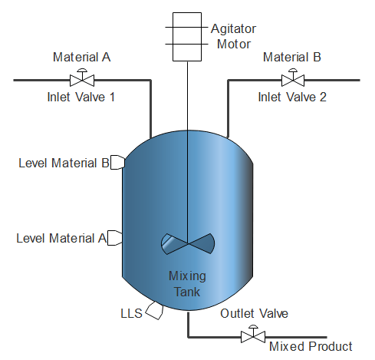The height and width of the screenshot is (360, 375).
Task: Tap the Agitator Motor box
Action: tap(187, 37)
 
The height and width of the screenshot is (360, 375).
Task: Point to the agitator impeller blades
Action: tap(188, 243)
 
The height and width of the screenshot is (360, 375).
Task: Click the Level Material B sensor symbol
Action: tap(117, 162)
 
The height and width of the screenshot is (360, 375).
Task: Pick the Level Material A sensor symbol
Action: tap(114, 238)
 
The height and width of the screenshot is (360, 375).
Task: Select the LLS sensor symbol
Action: tap(155, 310)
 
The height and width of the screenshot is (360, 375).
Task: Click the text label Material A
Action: tap(82, 57)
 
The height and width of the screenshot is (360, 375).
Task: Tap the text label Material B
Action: tap(292, 57)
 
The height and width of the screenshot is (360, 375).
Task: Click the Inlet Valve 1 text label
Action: tap(81, 97)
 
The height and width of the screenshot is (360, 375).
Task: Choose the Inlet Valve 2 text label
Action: tap(292, 97)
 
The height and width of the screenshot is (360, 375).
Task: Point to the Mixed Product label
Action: tap(311, 347)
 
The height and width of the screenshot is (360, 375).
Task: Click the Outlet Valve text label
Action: tap(254, 314)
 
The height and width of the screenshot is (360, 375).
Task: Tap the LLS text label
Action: tap(131, 314)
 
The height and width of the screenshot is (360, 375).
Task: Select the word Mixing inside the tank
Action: tap(187, 276)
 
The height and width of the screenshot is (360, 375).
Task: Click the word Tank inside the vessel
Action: tap(187, 292)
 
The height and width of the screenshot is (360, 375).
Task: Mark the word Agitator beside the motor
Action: tap(233, 29)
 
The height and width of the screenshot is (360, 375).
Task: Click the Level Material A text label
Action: tap(61, 238)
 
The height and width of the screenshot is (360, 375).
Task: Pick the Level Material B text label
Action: tap(64, 163)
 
